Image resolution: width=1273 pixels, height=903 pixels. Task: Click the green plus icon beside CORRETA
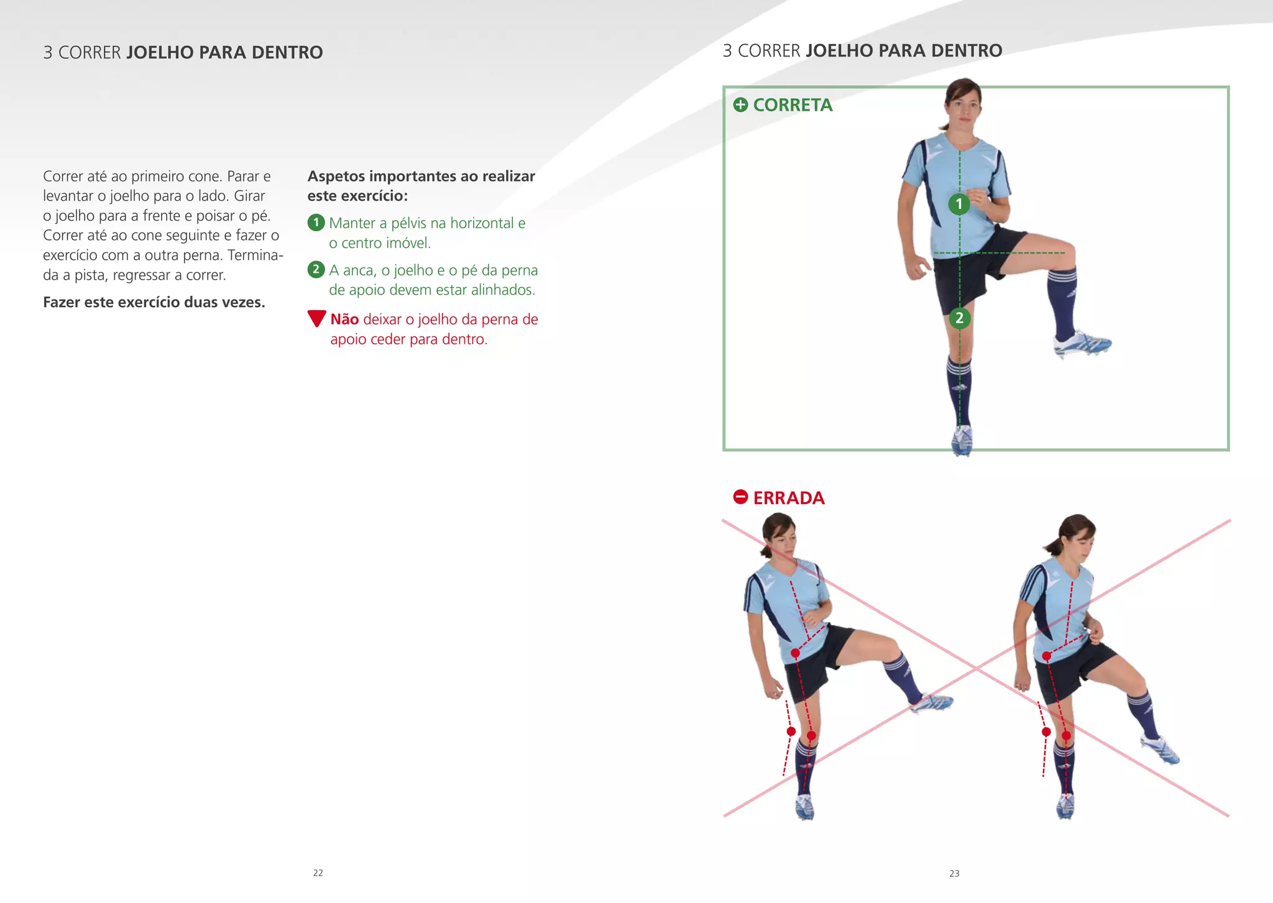[740, 104]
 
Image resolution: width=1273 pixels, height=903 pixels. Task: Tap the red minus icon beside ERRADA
[740, 497]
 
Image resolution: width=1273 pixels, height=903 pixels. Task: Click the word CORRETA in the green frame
[793, 105]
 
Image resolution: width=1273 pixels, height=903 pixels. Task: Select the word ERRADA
[789, 498]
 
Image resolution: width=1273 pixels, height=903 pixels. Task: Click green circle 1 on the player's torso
[959, 204]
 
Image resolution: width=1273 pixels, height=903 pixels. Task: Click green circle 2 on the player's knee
[959, 318]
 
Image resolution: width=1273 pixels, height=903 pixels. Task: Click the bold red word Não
[344, 319]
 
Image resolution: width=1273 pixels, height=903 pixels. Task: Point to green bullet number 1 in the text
[316, 222]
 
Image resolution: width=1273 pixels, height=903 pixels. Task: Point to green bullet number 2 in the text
[316, 270]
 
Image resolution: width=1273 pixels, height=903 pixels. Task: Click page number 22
[318, 873]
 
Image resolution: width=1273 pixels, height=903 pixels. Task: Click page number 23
[954, 873]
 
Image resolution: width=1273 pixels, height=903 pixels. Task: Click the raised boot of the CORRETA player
[1082, 343]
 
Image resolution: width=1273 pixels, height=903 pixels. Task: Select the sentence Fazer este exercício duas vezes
[154, 302]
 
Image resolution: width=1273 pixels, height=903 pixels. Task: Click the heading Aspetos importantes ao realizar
[421, 176]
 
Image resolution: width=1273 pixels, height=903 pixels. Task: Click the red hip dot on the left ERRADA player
[795, 653]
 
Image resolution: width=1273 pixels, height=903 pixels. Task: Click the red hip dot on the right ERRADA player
[1047, 656]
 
